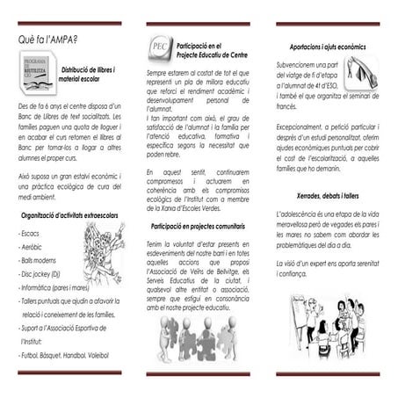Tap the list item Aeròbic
(32, 248)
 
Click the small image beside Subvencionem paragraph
(360, 72)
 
